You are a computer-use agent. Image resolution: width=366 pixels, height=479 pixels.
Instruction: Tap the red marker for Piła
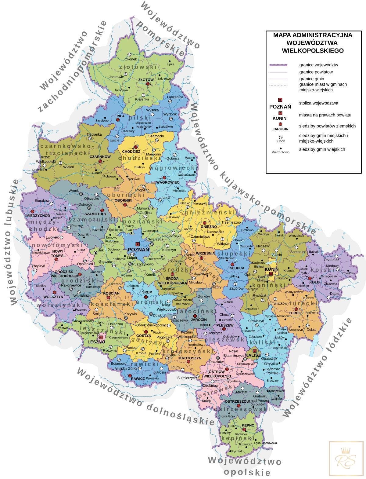click(118, 120)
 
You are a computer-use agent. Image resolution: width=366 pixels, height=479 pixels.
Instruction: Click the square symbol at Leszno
click(101, 337)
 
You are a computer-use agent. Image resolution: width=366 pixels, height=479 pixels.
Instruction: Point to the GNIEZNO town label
click(209, 227)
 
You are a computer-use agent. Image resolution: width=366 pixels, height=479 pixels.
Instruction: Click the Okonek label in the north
click(131, 59)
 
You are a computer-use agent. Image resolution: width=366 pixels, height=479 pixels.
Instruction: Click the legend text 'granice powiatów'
click(316, 72)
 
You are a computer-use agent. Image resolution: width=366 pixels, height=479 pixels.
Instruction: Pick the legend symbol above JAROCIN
click(280, 124)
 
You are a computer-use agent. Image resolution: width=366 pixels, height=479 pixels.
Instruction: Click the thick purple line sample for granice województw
click(278, 65)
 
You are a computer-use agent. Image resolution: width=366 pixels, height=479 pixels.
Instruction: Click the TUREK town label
click(295, 313)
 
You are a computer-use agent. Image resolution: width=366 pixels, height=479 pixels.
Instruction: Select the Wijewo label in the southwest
click(63, 328)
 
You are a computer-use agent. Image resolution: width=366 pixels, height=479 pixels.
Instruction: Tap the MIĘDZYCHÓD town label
click(38, 216)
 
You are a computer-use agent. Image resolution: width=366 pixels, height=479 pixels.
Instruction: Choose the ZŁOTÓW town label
click(146, 79)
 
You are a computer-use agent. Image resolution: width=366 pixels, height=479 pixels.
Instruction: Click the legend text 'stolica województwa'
click(318, 103)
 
